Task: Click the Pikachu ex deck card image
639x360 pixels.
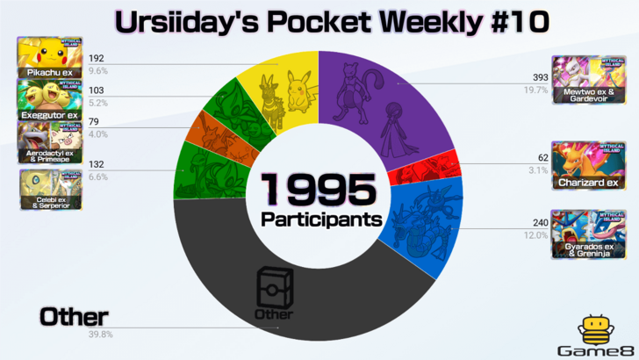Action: (x=49, y=57)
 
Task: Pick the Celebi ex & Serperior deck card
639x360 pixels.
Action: (x=49, y=189)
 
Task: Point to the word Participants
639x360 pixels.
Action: (x=319, y=216)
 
